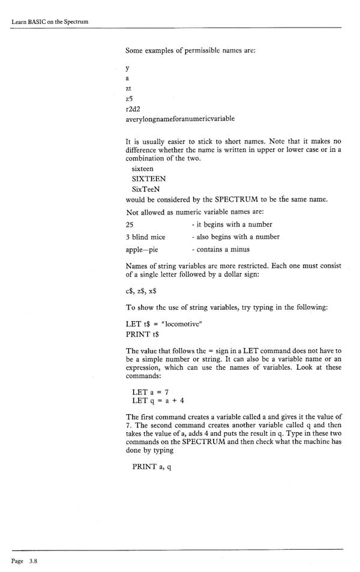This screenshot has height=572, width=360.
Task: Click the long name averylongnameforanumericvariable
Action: pos(180,119)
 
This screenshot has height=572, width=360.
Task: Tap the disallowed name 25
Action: pos(130,224)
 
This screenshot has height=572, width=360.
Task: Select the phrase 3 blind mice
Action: pos(145,236)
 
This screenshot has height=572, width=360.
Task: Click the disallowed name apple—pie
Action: pos(144,249)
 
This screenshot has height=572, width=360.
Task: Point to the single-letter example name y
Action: pos(128,68)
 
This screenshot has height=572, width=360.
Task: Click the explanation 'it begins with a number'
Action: pos(228,224)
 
